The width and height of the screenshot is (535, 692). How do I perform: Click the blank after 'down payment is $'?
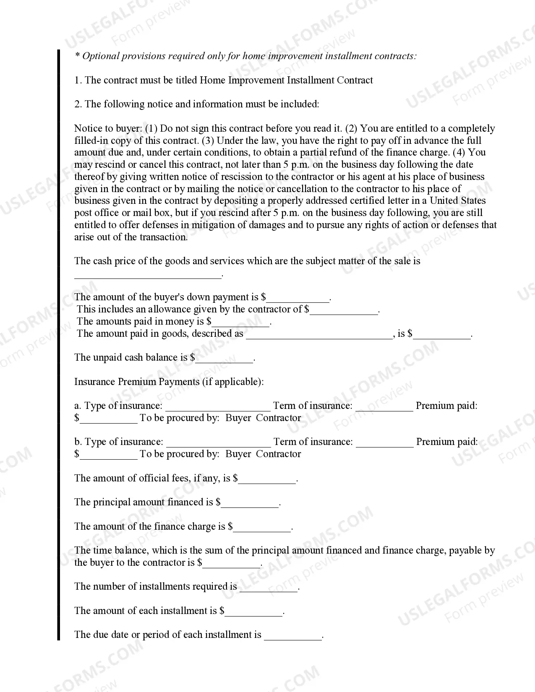coord(298,299)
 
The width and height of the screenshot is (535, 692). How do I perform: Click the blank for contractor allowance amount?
coord(344,311)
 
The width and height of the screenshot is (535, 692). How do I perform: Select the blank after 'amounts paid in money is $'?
coord(240,323)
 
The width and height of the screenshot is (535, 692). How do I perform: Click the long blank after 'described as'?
coord(319,335)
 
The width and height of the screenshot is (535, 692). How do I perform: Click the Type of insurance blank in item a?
coord(218,407)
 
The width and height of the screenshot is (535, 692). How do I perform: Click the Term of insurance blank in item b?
coord(384,443)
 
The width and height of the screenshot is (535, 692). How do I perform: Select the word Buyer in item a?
coord(238,418)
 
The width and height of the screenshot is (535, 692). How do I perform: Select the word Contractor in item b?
coord(278,454)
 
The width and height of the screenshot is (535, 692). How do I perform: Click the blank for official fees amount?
coord(267,480)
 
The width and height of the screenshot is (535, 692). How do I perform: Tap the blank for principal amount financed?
coord(250,504)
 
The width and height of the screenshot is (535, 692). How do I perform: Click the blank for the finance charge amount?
coord(262,528)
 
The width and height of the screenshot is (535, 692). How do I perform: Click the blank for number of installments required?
coord(269,588)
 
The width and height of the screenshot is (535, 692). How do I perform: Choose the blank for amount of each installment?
coord(254,612)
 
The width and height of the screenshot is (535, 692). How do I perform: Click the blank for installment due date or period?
coord(292,636)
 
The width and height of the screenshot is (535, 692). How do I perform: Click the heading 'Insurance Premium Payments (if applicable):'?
coord(169,382)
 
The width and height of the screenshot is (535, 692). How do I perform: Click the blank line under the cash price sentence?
coord(147,275)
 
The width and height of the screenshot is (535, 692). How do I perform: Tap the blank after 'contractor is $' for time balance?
coord(231,564)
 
